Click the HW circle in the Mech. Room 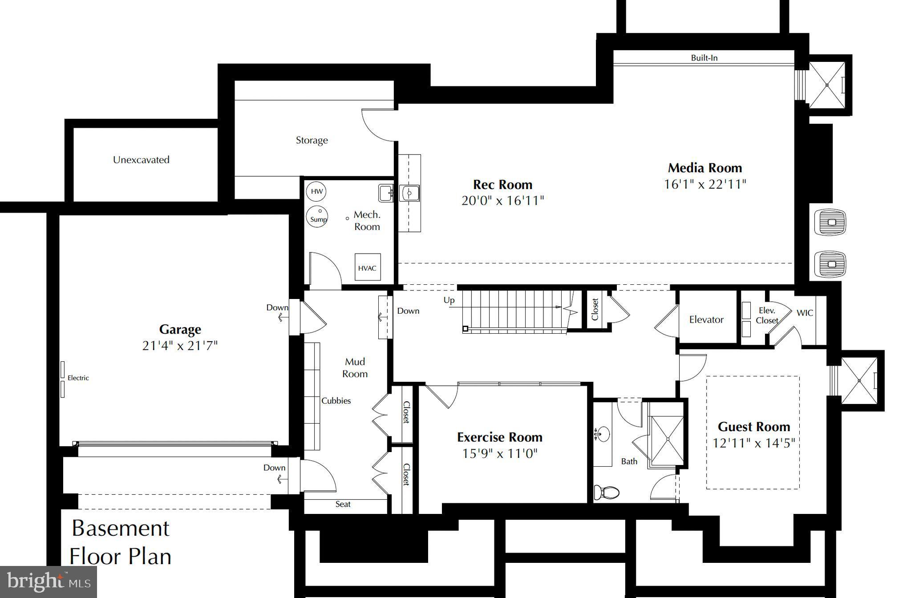pyautogui.click(x=316, y=192)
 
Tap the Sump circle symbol pyautogui.click(x=317, y=217)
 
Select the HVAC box pyautogui.click(x=367, y=268)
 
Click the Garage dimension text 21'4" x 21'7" pyautogui.click(x=180, y=346)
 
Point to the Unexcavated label pyautogui.click(x=141, y=160)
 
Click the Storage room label pyautogui.click(x=312, y=140)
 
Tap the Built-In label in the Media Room pyautogui.click(x=704, y=58)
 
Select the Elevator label pyautogui.click(x=706, y=319)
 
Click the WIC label pyautogui.click(x=805, y=313)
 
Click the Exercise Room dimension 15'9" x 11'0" pyautogui.click(x=500, y=454)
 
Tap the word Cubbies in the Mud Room pyautogui.click(x=336, y=401)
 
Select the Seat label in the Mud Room pyautogui.click(x=343, y=504)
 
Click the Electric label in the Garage pyautogui.click(x=78, y=378)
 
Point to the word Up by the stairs pyautogui.click(x=449, y=300)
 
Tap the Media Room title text pyautogui.click(x=705, y=168)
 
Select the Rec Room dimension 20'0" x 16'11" pyautogui.click(x=502, y=201)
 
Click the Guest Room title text pyautogui.click(x=754, y=427)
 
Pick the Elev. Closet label pyautogui.click(x=767, y=315)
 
